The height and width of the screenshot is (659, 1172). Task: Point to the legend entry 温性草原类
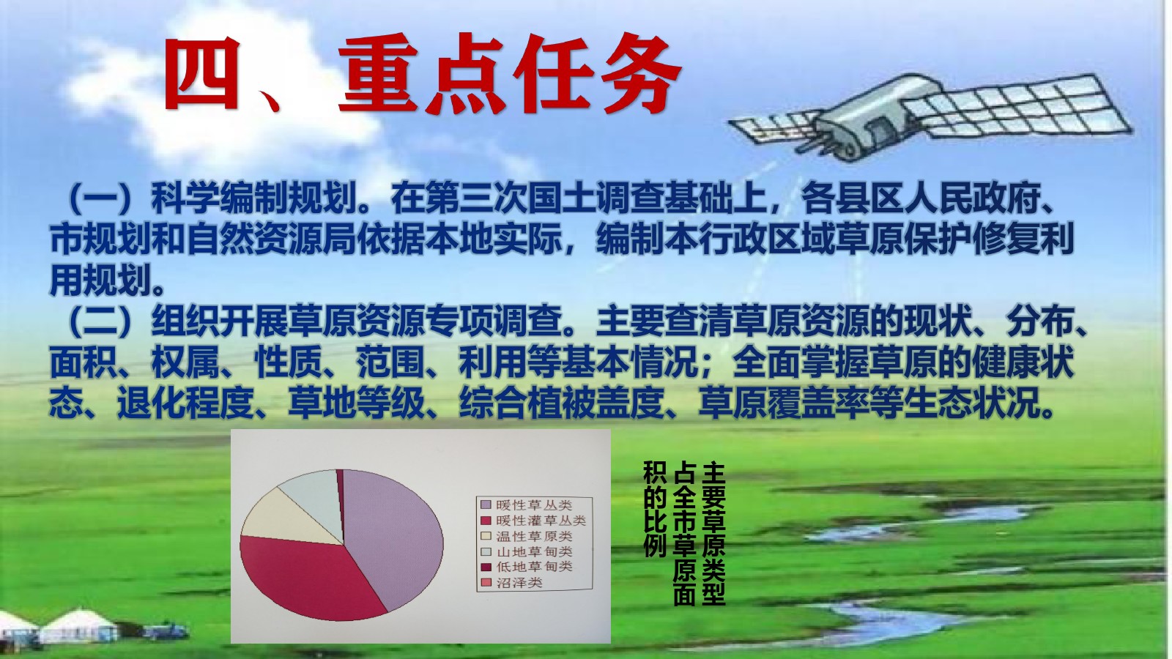(x=527, y=536)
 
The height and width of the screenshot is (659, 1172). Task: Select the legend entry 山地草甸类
(x=527, y=551)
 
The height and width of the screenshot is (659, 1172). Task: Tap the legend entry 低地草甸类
(x=527, y=567)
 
